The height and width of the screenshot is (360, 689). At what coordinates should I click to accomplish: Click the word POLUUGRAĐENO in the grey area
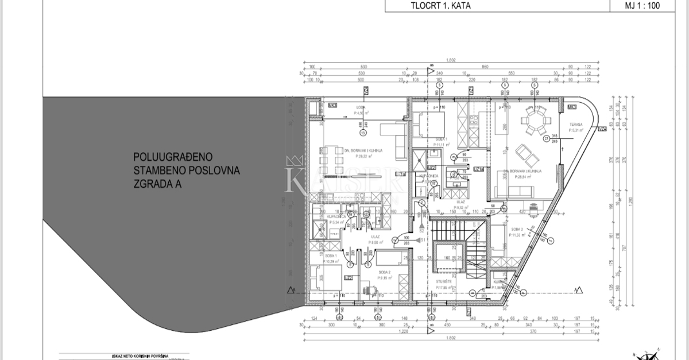pyautogui.click(x=173, y=156)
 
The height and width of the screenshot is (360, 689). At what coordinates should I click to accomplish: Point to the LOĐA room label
pyautogui.click(x=361, y=107)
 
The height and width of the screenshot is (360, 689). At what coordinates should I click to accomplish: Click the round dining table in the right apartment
pyautogui.click(x=531, y=121)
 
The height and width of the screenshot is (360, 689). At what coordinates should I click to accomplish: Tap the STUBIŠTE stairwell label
pyautogui.click(x=443, y=281)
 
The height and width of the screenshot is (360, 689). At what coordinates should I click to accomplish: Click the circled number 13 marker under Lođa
pyautogui.click(x=362, y=133)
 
